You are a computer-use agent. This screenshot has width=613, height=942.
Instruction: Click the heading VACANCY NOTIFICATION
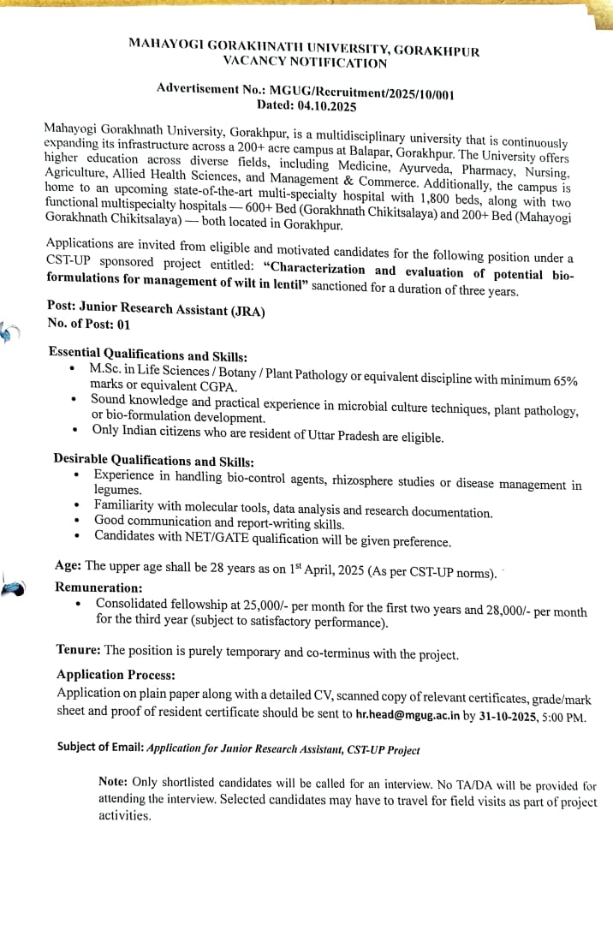pos(304,63)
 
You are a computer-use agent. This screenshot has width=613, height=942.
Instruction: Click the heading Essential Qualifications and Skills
pos(148,355)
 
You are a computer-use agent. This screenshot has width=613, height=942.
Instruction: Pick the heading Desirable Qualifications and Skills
pos(153,461)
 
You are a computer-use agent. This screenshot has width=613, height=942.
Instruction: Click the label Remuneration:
pos(98,587)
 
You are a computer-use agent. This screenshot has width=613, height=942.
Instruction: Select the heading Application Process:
pos(116,675)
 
